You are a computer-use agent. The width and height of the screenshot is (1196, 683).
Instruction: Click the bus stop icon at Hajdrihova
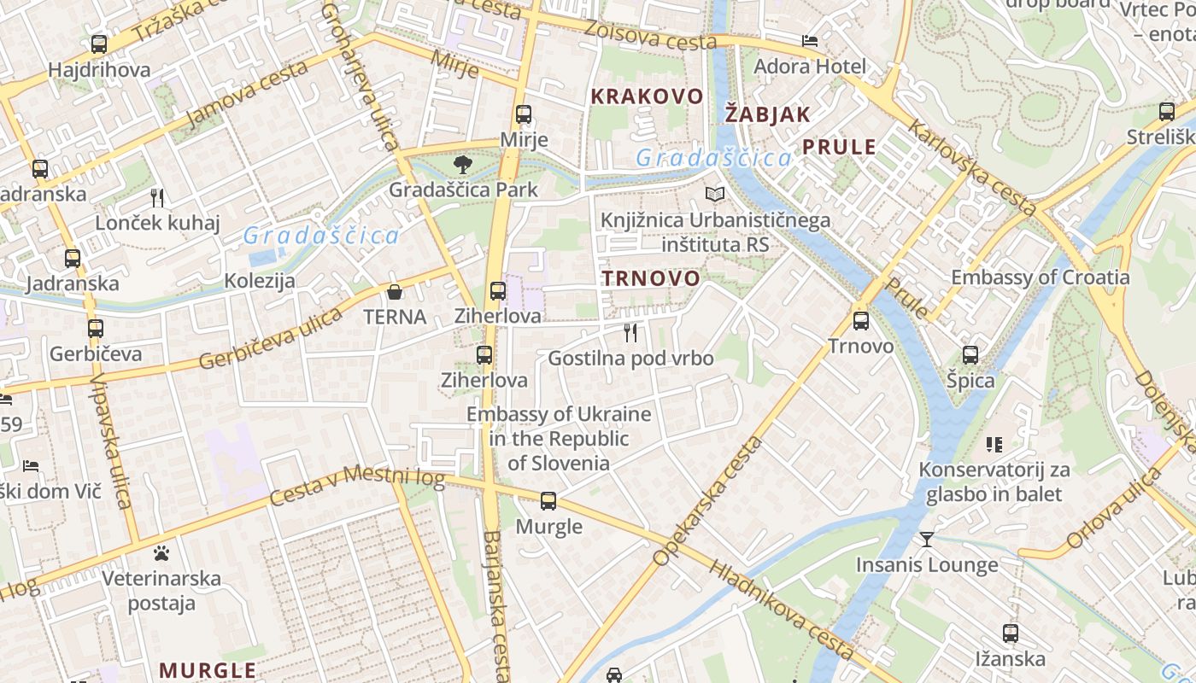coord(99,44)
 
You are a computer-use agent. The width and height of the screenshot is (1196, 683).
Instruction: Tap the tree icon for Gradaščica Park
coord(463,164)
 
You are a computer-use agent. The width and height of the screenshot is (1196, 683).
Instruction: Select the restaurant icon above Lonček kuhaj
coord(157,198)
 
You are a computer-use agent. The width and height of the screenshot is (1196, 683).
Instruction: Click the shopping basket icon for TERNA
coord(395,293)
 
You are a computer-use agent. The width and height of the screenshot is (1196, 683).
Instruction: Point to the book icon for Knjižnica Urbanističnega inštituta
coord(715,196)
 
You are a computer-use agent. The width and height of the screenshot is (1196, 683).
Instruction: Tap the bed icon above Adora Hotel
coord(810,41)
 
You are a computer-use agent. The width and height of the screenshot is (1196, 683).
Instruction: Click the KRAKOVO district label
coord(647,96)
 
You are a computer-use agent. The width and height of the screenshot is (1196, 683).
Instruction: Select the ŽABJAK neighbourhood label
coord(767,114)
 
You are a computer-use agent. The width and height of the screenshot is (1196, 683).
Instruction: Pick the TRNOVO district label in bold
coord(650,278)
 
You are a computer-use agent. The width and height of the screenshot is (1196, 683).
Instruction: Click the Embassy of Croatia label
coord(1040,277)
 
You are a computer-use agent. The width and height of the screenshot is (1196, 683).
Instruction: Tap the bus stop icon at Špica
coord(970,355)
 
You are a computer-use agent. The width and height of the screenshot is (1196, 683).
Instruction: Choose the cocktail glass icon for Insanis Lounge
coord(927,540)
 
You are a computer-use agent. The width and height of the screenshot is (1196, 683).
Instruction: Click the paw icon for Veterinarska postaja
coord(161,553)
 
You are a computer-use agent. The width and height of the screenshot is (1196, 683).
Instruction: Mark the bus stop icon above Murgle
coord(548,501)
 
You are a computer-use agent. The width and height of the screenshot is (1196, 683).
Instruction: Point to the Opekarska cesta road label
coord(706,502)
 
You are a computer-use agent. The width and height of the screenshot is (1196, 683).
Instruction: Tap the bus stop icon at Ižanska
coord(1011,633)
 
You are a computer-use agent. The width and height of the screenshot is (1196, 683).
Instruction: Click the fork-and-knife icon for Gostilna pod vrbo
coord(630,333)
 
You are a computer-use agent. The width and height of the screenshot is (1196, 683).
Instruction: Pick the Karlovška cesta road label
coord(972,167)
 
